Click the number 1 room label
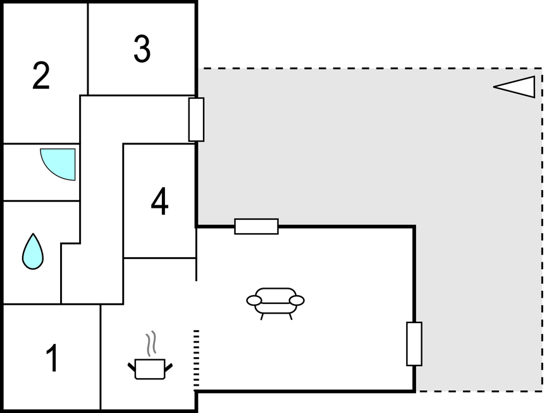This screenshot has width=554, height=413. (x=52, y=358)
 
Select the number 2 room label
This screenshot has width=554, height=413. (x=41, y=75)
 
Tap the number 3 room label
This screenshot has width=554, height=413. (x=142, y=49)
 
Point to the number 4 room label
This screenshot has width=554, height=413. (x=160, y=201)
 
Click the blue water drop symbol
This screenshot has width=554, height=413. (x=33, y=251)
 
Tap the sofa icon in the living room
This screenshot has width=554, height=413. (x=275, y=303)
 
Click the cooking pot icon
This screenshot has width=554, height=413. (x=150, y=369)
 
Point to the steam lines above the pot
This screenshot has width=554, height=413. (x=151, y=343)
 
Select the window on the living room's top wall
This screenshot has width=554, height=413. (x=257, y=227)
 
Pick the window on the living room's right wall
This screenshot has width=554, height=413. (x=414, y=343)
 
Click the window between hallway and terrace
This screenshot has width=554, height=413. (x=197, y=120)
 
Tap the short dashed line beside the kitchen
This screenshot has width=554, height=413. (x=197, y=358)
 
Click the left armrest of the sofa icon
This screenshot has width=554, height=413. (x=254, y=300)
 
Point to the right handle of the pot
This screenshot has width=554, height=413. (x=168, y=367)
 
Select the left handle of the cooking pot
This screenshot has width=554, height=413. (x=132, y=367)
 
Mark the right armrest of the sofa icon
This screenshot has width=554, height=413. (x=297, y=300)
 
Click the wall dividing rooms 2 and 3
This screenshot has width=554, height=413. (x=88, y=49)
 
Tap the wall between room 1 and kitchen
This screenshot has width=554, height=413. (x=101, y=357)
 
